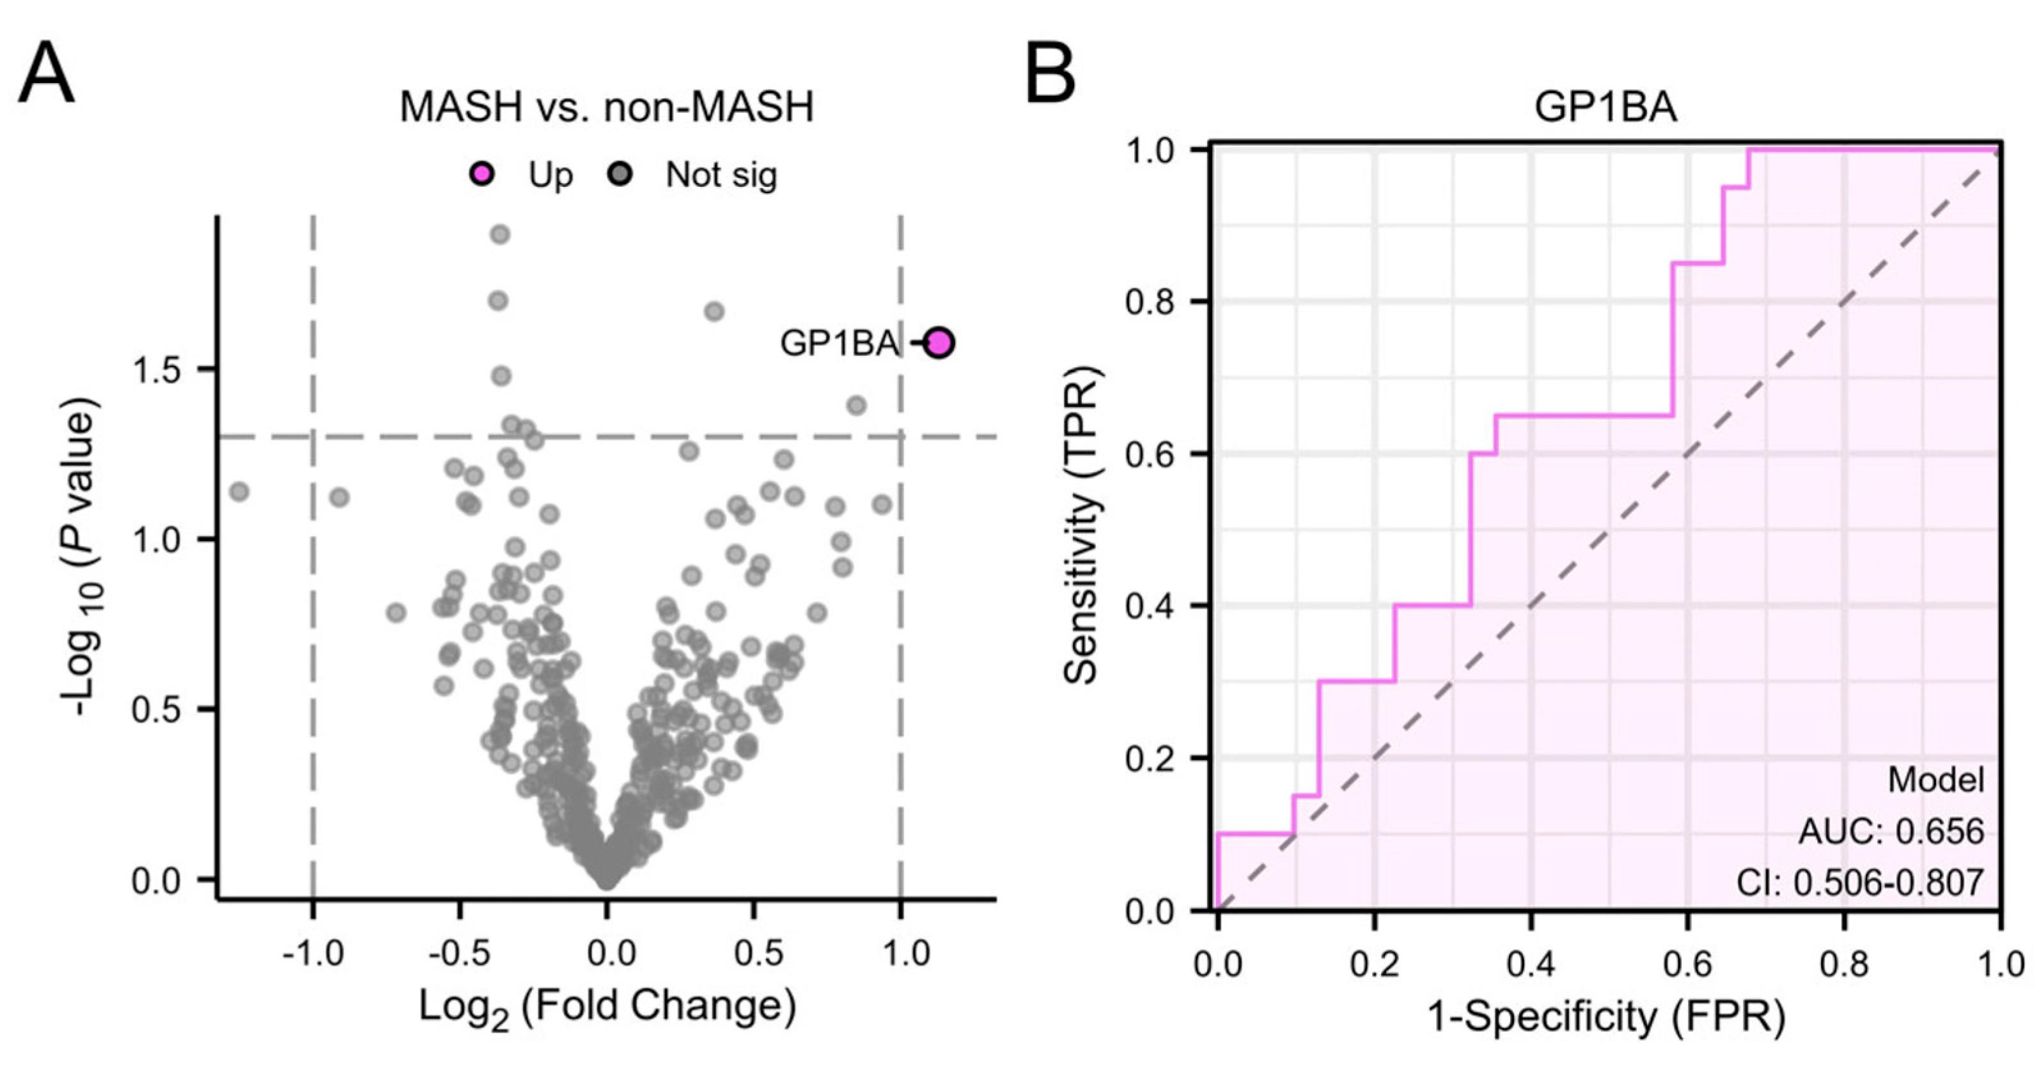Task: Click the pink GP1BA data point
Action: pyautogui.click(x=939, y=343)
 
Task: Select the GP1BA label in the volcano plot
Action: pyautogui.click(x=840, y=343)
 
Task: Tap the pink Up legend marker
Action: pyautogui.click(x=482, y=173)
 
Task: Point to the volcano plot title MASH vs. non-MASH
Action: pyautogui.click(x=606, y=107)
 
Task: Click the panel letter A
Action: pyautogui.click(x=46, y=75)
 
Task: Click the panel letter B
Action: pyautogui.click(x=1050, y=75)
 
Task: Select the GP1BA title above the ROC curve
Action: pyautogui.click(x=1605, y=107)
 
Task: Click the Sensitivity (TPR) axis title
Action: pyautogui.click(x=1081, y=525)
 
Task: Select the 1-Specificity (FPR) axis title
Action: pyautogui.click(x=1606, y=1018)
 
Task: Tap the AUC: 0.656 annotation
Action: pyautogui.click(x=1891, y=832)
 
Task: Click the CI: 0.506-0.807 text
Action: pyautogui.click(x=1860, y=882)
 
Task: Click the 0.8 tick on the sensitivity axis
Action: pyautogui.click(x=1152, y=302)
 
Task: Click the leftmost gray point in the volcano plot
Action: pyautogui.click(x=239, y=492)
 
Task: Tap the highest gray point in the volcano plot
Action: pyautogui.click(x=499, y=234)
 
